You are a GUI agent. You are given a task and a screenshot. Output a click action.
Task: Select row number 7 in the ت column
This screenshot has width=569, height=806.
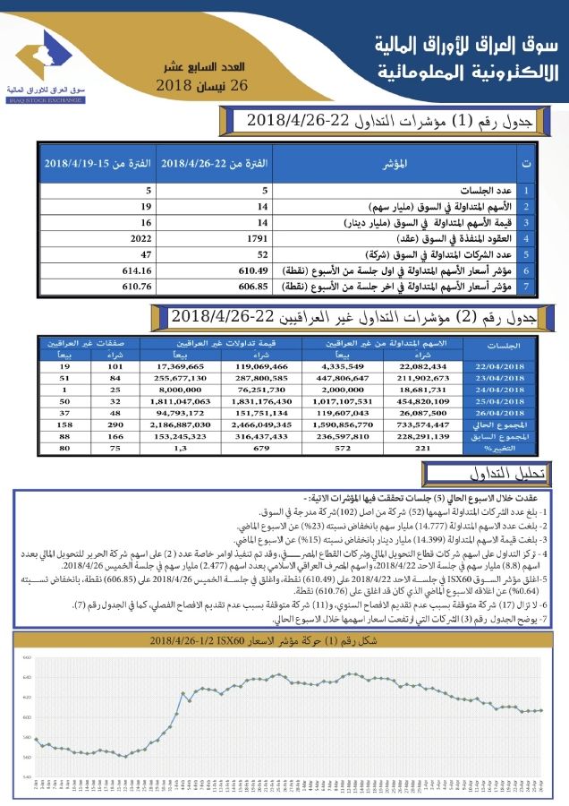526,286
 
